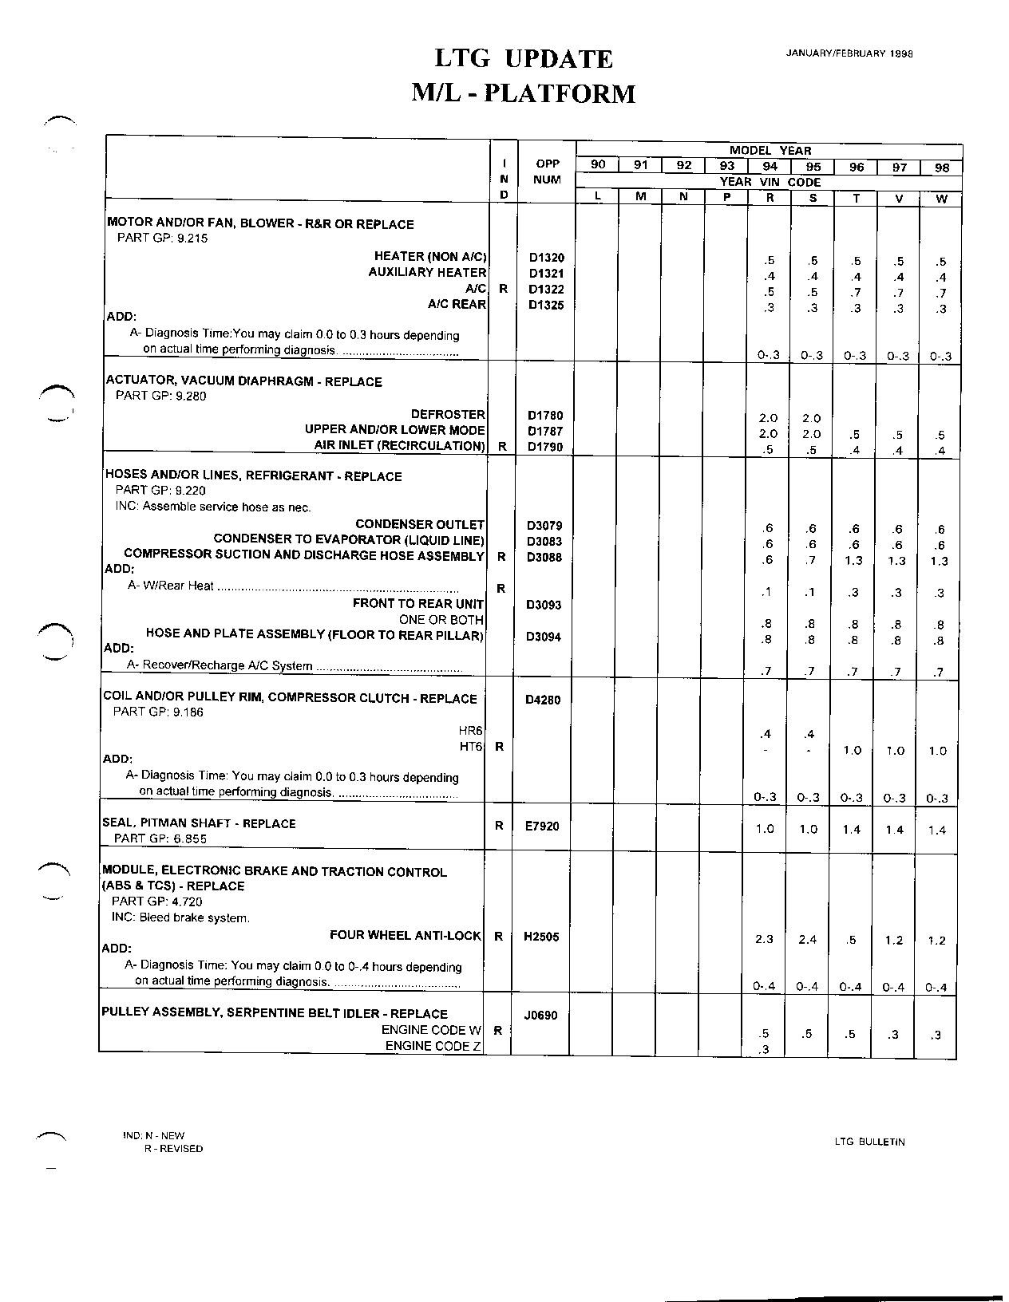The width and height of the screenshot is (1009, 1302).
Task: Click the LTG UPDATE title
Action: tap(523, 59)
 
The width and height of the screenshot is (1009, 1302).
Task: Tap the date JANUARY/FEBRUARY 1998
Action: tap(849, 53)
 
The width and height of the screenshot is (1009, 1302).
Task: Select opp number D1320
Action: tap(546, 258)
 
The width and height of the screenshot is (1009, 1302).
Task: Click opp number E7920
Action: tap(542, 827)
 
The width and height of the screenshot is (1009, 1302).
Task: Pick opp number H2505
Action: tap(541, 937)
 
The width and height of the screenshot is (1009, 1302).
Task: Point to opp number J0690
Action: tap(540, 1016)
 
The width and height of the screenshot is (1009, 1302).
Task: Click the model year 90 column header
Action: tap(598, 165)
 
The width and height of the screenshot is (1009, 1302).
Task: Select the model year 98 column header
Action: tap(941, 168)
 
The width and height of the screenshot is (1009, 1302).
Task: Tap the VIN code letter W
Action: tap(941, 199)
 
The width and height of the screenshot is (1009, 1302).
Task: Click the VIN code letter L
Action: tap(598, 197)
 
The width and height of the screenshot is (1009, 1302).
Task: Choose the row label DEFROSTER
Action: tap(448, 414)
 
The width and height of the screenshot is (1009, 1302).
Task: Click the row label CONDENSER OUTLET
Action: tap(420, 524)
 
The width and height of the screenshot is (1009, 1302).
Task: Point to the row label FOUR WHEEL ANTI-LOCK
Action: tap(406, 935)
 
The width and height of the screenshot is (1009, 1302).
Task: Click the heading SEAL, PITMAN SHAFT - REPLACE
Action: tap(199, 823)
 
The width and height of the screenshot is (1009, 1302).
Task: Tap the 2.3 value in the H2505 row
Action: tap(764, 939)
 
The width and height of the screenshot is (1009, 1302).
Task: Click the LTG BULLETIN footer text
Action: tap(869, 1142)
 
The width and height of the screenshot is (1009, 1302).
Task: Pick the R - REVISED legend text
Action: tap(173, 1149)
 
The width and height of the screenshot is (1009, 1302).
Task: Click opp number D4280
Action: tap(543, 700)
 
